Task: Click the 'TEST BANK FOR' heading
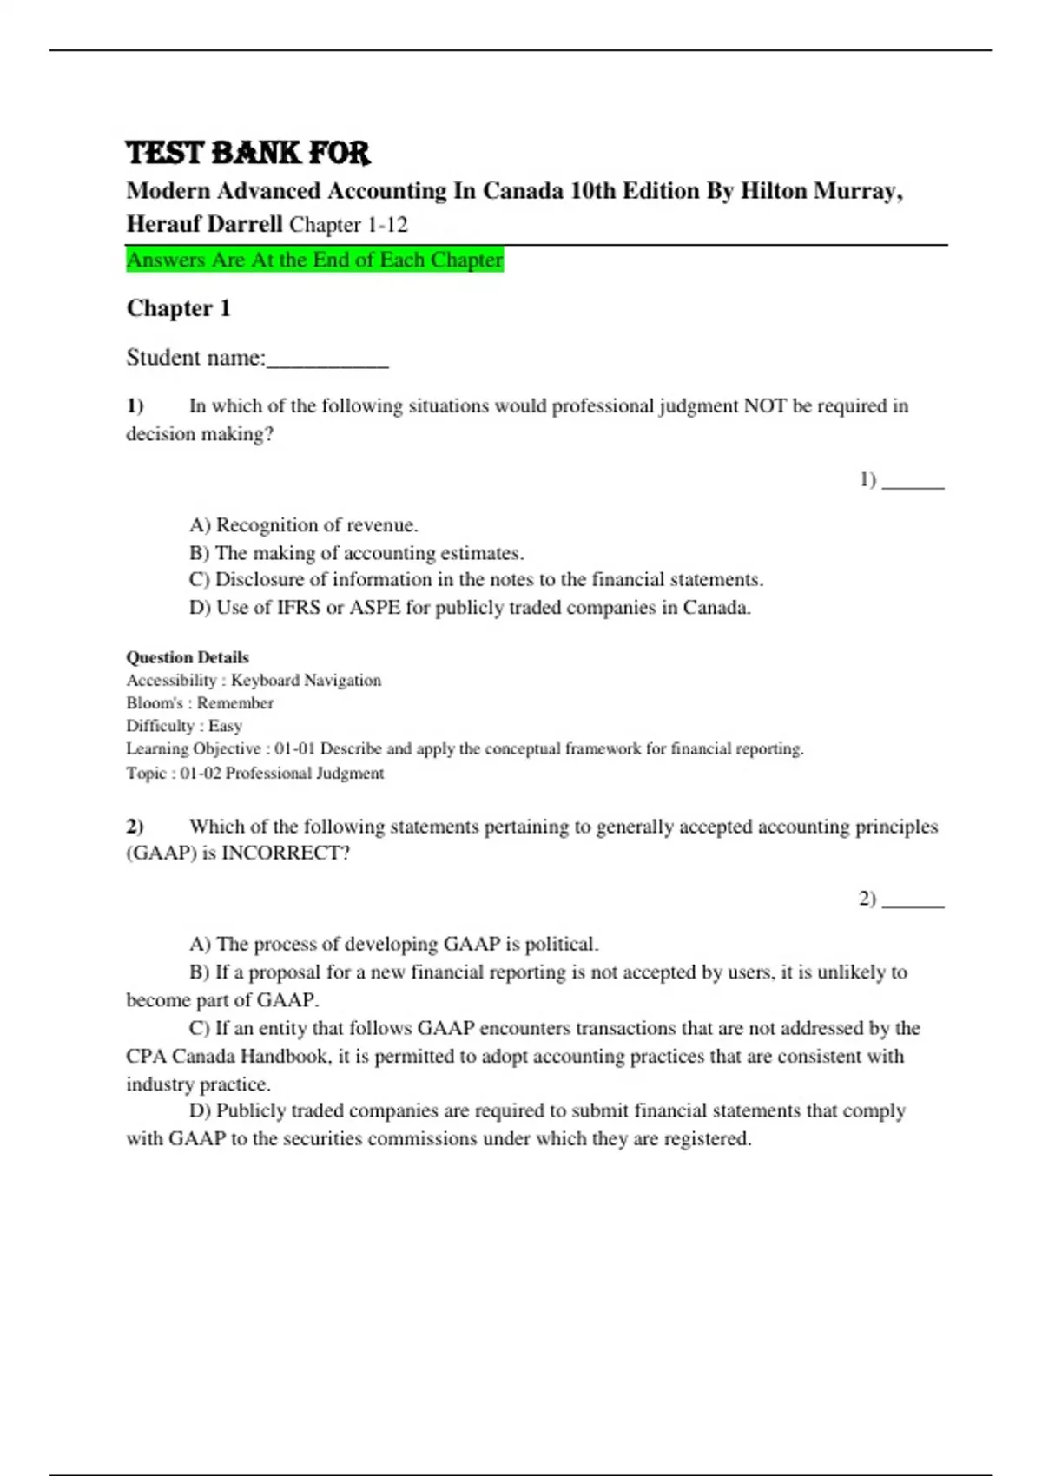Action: [247, 153]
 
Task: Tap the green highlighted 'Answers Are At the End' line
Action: [314, 260]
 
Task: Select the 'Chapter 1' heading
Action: [178, 308]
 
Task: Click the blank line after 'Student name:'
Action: [327, 359]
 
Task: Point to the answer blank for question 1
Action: [913, 481]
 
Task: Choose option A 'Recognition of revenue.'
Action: [304, 525]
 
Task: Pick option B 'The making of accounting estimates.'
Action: [357, 553]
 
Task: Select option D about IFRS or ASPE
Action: [470, 608]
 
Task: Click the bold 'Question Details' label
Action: [188, 657]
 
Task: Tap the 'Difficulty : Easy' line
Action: [184, 726]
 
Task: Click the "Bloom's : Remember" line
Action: [200, 703]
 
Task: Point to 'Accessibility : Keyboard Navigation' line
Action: [254, 681]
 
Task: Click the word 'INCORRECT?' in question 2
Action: [286, 853]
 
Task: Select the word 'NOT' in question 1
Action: [764, 406]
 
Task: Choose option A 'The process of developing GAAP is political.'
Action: [394, 945]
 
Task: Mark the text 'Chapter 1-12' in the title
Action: [348, 225]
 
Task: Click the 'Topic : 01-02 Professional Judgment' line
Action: [255, 773]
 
